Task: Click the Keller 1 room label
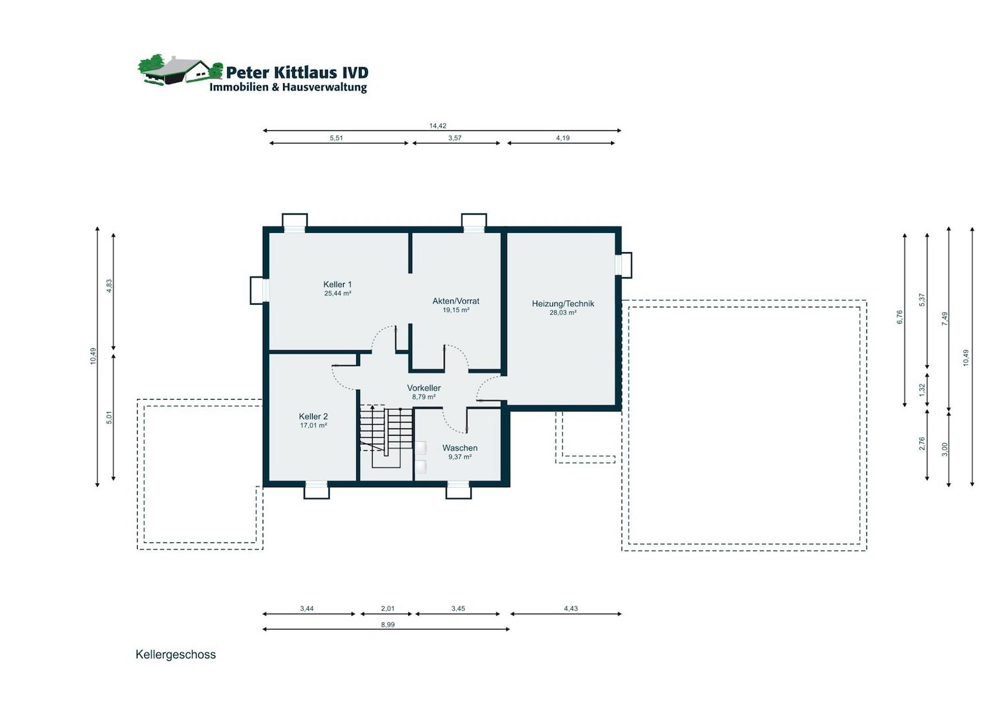point(337,284)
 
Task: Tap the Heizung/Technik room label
point(563,303)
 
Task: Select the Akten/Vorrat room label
point(456,301)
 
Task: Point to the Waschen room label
point(460,448)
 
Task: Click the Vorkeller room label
point(424,388)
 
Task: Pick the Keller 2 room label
point(313,416)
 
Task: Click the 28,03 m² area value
point(563,313)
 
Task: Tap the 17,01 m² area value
point(313,425)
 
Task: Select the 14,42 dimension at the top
point(437,126)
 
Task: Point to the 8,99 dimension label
point(388,624)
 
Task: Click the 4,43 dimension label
point(571,608)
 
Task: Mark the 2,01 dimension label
point(388,608)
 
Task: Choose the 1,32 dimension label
point(922,390)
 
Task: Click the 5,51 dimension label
point(336,138)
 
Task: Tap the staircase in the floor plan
point(386,436)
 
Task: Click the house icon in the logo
point(180,70)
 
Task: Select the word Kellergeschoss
point(176,654)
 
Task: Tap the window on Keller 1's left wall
point(259,290)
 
